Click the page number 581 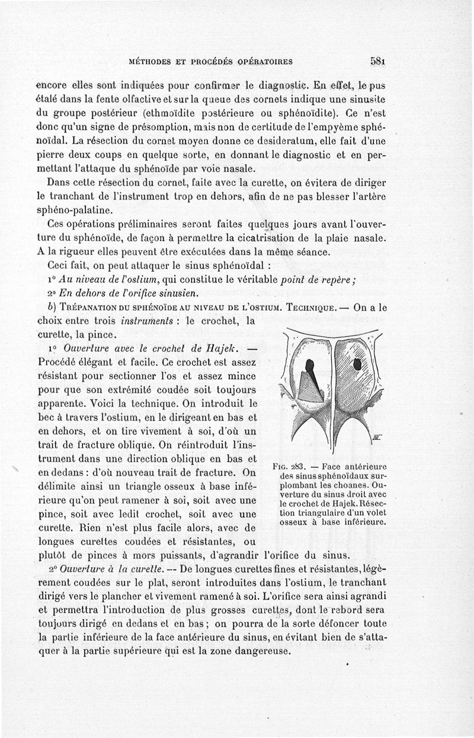tap(377, 60)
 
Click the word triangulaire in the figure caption tap(308, 513)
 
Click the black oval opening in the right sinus tap(358, 362)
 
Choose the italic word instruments tap(146, 321)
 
